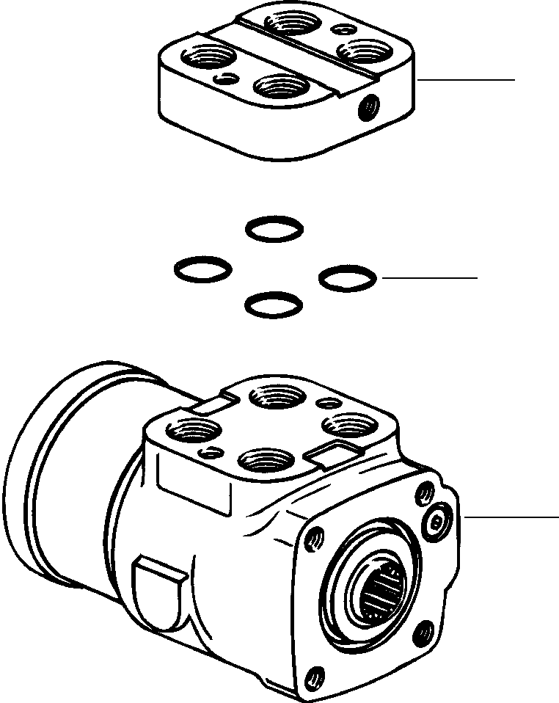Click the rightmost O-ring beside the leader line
coord(348,277)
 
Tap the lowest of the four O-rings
coord(273,305)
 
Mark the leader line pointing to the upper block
coord(467,79)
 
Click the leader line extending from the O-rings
coord(429,278)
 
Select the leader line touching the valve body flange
coord(511,517)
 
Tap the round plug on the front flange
coord(438,522)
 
